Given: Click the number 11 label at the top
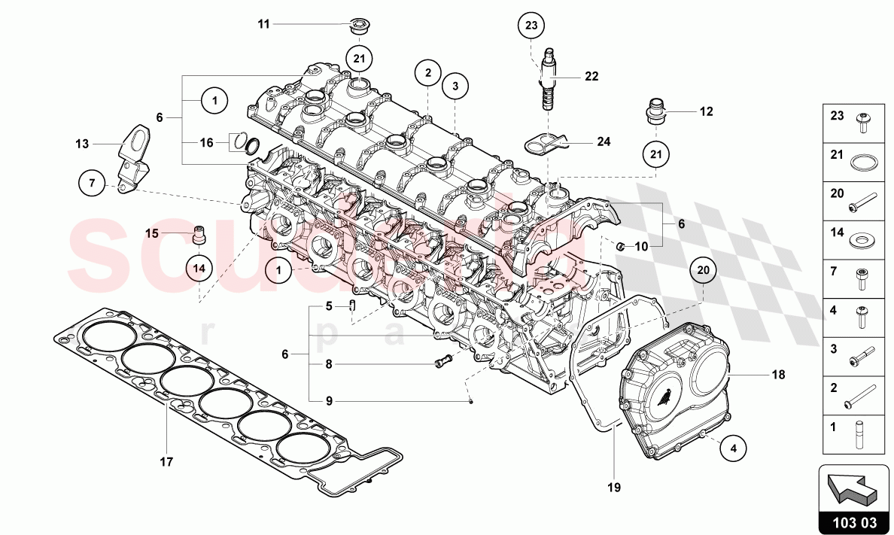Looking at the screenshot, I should (263, 24).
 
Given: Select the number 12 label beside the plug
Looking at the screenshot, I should (705, 112).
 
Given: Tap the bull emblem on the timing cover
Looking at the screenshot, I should (667, 397).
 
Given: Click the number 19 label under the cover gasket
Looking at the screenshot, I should (614, 487).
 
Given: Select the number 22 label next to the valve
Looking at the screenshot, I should (591, 76).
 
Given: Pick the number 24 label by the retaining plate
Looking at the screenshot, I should (604, 141).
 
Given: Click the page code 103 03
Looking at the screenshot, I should (853, 520).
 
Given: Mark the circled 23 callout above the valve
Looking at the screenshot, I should (532, 26).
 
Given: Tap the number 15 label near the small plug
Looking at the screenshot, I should (151, 233).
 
